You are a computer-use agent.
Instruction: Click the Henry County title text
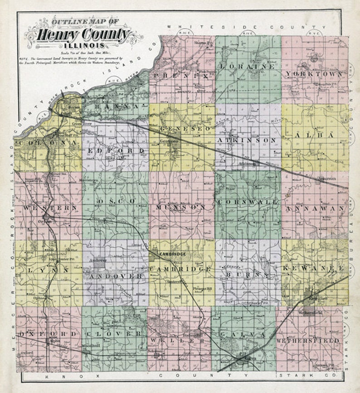pyautogui.click(x=84, y=34)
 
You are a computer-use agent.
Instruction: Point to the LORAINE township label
pyautogui.click(x=247, y=66)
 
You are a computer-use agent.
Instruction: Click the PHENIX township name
pyautogui.click(x=181, y=76)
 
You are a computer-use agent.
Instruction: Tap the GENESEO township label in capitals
pyautogui.click(x=180, y=129)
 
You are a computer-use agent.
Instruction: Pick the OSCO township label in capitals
pyautogui.click(x=116, y=200)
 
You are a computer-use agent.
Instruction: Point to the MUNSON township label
pyautogui.click(x=181, y=207)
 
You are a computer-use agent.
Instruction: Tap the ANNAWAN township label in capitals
pyautogui.click(x=315, y=209)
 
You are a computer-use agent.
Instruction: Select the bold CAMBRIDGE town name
pyautogui.click(x=171, y=255)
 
